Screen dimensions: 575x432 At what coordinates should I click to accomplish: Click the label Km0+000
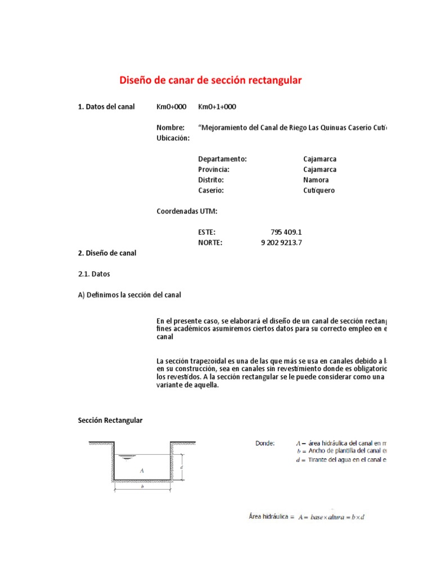coord(172,107)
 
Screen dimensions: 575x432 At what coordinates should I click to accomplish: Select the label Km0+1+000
coord(217,107)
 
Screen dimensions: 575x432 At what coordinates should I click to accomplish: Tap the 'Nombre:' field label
coord(170,128)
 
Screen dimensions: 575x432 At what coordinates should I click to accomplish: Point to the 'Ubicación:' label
coord(173,138)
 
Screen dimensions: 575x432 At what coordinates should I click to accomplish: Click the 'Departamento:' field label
coord(223,159)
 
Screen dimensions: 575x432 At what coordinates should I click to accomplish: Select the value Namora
coord(316,180)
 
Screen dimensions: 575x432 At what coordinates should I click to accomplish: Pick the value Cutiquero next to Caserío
coord(318,191)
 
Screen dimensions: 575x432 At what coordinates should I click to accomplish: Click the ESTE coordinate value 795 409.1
coord(286,232)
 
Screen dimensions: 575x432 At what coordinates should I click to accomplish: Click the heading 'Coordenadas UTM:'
coord(187,211)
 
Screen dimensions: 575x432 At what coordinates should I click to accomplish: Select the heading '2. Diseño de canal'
coord(107,253)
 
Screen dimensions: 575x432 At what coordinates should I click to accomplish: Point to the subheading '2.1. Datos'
coord(94,274)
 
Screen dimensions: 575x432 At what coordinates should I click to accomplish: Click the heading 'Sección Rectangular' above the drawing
coord(110,421)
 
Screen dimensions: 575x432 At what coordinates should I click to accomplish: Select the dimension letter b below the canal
coord(142,487)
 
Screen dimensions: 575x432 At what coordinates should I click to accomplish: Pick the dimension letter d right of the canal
coord(181,467)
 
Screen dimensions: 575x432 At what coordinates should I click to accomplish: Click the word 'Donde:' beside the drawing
coord(265,443)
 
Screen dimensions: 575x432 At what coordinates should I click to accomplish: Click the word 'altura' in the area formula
coord(340,517)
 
